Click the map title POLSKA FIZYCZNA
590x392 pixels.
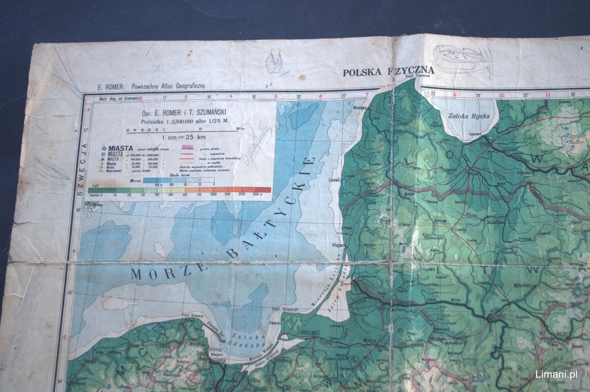coord(388,71)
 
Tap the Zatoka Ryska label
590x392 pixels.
coord(468,116)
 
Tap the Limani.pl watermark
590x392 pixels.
coord(556,374)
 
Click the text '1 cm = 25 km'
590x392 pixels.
coord(182,138)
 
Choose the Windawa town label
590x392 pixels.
coord(360,108)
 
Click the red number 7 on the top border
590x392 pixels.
coord(366,95)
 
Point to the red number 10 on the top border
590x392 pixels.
coord(501,95)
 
